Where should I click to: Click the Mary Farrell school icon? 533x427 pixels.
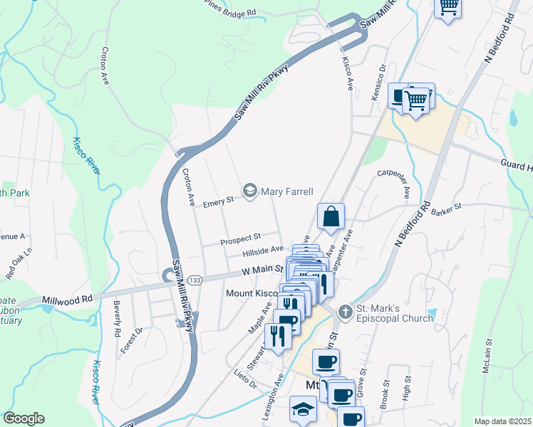pyautogui.click(x=250, y=191)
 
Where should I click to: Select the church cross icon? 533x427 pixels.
pyautogui.click(x=345, y=312)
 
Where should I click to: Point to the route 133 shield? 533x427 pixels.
pyautogui.click(x=195, y=281)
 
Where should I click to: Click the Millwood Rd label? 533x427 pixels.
pyautogui.click(x=67, y=301)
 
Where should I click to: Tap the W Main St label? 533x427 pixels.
pyautogui.click(x=262, y=270)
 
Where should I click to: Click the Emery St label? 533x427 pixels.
pyautogui.click(x=219, y=202)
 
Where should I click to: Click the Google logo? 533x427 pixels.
pyautogui.click(x=24, y=418)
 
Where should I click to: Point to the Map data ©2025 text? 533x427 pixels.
pyautogui.click(x=503, y=421)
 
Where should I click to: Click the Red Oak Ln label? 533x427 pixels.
pyautogui.click(x=19, y=263)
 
